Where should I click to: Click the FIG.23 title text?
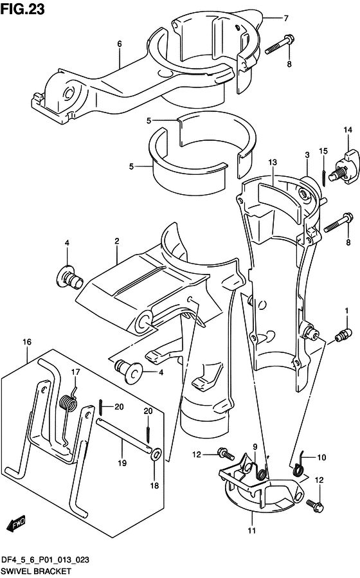[22, 9]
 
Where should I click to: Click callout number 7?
[286, 18]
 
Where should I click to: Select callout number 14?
[348, 130]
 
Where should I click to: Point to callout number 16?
[27, 342]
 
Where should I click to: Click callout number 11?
[251, 531]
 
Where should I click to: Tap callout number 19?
[122, 463]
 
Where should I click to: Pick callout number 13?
[273, 162]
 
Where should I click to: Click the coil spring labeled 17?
[69, 402]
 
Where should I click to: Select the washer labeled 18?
[156, 454]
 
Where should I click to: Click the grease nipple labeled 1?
[341, 336]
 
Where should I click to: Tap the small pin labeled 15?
[323, 178]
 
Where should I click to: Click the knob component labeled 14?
[346, 167]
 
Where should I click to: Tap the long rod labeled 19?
[123, 435]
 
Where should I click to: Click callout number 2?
[117, 242]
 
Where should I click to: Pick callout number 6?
[120, 44]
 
